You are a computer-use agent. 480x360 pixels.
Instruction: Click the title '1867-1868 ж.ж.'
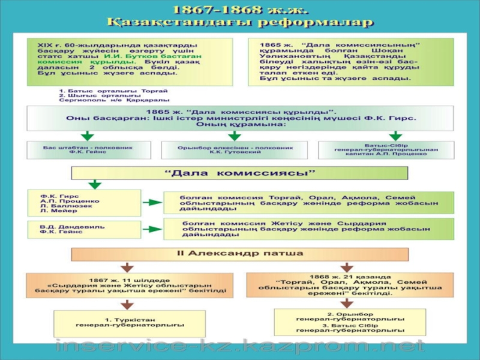tap(240, 10)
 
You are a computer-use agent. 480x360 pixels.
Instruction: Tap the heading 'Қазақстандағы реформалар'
tap(240, 23)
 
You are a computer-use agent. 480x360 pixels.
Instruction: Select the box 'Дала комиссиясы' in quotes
tap(240, 173)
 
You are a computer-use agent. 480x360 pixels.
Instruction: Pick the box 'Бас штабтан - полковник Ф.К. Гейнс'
tap(88, 150)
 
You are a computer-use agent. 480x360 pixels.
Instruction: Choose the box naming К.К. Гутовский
tap(235, 150)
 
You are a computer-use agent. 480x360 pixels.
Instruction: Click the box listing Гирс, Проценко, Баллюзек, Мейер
tap(83, 203)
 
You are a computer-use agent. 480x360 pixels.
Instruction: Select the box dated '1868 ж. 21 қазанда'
tap(350, 284)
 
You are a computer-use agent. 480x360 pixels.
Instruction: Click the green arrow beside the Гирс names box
tap(154, 203)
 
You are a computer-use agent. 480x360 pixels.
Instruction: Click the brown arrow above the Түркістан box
tap(128, 304)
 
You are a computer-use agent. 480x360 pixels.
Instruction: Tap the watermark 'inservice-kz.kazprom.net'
tap(240, 347)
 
